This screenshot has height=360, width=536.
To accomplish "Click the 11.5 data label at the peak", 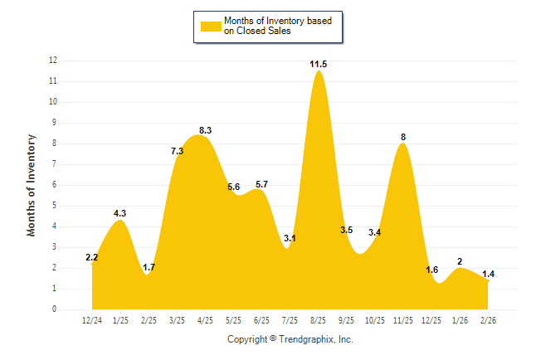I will pyautogui.click(x=318, y=64).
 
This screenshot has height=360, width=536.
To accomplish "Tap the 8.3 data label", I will pyautogui.click(x=206, y=130).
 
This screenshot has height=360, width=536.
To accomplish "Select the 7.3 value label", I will pyautogui.click(x=177, y=151).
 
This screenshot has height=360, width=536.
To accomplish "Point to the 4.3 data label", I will pyautogui.click(x=119, y=213).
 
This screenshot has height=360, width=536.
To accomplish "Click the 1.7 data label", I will pyautogui.click(x=149, y=267).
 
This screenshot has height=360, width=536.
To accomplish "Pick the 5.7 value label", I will pyautogui.click(x=261, y=184).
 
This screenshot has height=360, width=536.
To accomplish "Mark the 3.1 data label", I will pyautogui.click(x=290, y=238).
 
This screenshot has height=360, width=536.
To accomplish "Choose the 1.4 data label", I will pyautogui.click(x=488, y=274).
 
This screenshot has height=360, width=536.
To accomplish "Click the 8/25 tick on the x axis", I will pyautogui.click(x=318, y=320).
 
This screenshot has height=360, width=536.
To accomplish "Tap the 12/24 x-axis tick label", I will pyautogui.click(x=92, y=320).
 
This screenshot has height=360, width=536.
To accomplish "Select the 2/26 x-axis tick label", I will pyautogui.click(x=488, y=320).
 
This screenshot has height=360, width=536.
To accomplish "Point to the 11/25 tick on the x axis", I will pyautogui.click(x=403, y=320).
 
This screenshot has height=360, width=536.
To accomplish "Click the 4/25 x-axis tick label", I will pyautogui.click(x=205, y=320).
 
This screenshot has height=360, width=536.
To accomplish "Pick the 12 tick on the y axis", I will pyautogui.click(x=53, y=61).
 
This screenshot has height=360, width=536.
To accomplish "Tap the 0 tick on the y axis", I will pyautogui.click(x=55, y=309).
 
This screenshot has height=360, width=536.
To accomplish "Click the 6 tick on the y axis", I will pyautogui.click(x=55, y=185).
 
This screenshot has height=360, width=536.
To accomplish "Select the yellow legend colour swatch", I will pyautogui.click(x=211, y=27).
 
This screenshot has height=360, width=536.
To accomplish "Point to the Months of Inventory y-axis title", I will pyautogui.click(x=32, y=185).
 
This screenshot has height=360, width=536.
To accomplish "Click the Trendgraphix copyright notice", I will pyautogui.click(x=290, y=339).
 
